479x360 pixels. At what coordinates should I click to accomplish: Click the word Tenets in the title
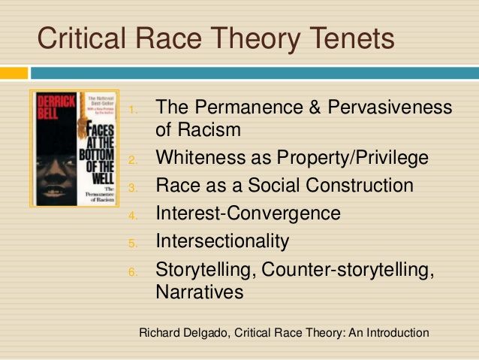[345, 37]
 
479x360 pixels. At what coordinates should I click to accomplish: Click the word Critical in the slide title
[80, 37]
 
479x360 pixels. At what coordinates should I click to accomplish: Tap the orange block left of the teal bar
[14, 73]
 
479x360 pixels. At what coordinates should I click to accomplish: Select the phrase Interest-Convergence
[248, 213]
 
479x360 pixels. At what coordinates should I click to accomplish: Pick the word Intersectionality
[222, 241]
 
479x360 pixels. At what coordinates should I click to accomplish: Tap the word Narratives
[200, 292]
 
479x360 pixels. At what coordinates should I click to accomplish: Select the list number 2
[132, 160]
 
